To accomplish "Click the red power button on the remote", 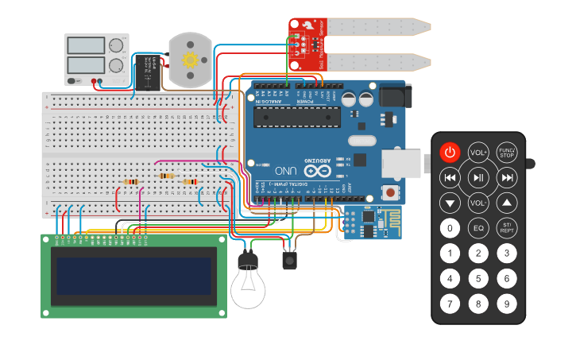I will tap(450, 152).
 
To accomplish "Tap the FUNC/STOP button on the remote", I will tap(506, 152).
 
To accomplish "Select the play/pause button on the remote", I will tap(478, 176).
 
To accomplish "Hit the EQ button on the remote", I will tap(478, 228).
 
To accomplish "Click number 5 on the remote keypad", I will tap(478, 278).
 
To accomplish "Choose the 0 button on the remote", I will tap(450, 228).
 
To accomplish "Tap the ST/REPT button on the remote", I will tap(506, 228).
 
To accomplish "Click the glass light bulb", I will tap(249, 288).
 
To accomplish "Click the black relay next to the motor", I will tap(147, 72).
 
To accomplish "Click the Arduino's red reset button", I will tap(390, 192).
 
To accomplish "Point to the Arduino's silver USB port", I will tap(405, 163).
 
